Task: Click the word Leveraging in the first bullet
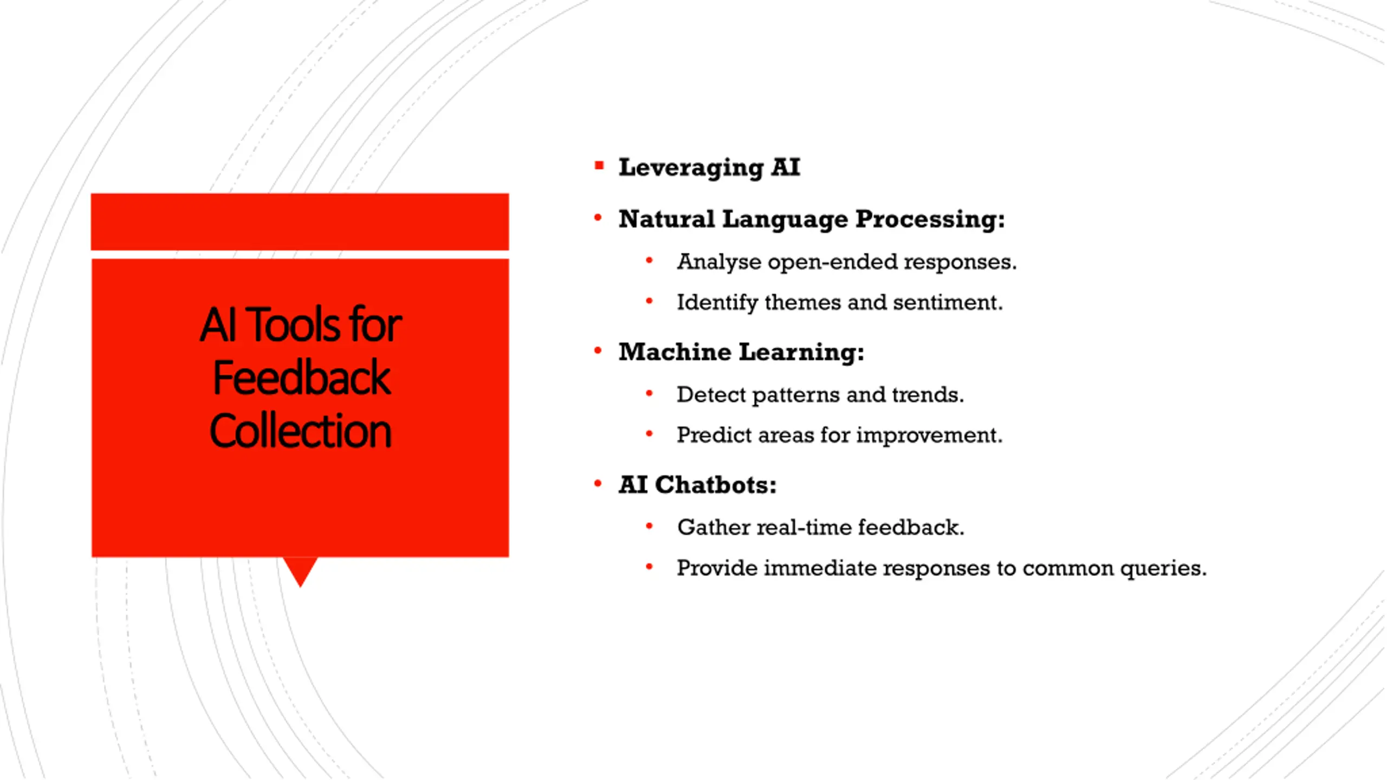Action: click(x=691, y=168)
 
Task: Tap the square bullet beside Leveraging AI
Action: click(x=599, y=166)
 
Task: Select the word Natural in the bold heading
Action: click(x=666, y=219)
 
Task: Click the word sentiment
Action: click(x=948, y=302)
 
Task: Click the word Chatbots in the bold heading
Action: click(x=715, y=485)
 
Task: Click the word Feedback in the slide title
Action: click(x=301, y=378)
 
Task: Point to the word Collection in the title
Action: click(x=300, y=431)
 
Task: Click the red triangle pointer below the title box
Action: click(x=300, y=570)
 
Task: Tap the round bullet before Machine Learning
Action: click(x=598, y=351)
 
